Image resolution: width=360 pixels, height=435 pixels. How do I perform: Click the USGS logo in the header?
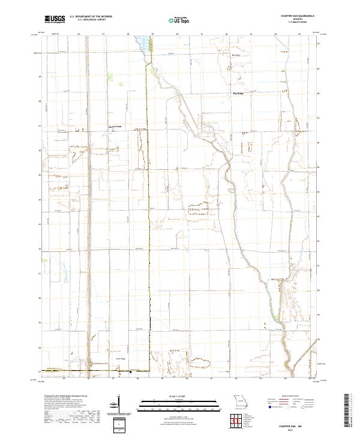coord(55,19)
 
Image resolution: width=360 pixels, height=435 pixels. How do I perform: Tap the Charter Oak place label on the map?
coord(115,127)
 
